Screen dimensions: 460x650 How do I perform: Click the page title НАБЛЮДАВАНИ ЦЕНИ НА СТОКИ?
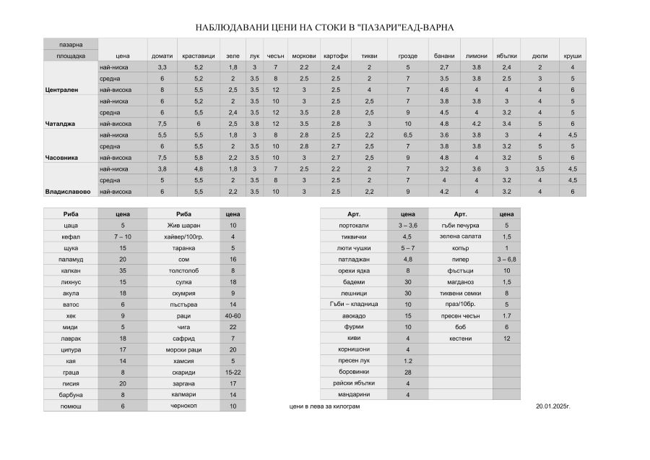click(x=324, y=28)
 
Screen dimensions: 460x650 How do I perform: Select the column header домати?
click(x=162, y=56)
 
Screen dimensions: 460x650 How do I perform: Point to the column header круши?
click(x=572, y=56)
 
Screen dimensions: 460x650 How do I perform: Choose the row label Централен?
click(x=61, y=90)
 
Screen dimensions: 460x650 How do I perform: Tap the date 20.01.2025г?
click(x=553, y=406)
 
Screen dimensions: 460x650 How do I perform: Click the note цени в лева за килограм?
click(x=324, y=406)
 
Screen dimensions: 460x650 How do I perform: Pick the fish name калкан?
click(x=70, y=271)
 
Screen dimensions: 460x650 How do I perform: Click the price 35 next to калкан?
click(x=122, y=271)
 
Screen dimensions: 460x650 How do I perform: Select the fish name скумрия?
click(x=183, y=293)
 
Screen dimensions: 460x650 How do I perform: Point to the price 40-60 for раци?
click(x=233, y=316)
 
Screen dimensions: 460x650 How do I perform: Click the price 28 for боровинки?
click(x=407, y=372)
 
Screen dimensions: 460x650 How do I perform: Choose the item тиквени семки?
click(x=460, y=293)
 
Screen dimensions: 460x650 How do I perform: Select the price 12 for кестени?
click(x=506, y=338)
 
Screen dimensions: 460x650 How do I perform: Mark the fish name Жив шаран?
click(x=183, y=226)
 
